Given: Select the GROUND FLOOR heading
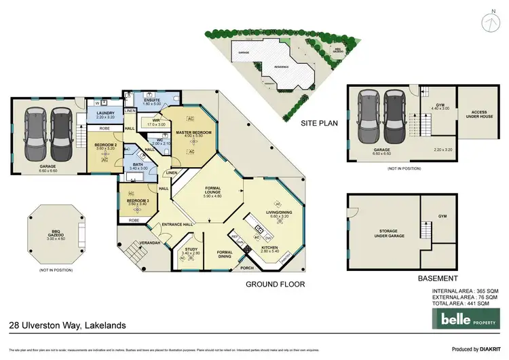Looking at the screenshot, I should tap(275, 284).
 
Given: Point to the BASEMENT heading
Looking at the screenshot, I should tap(437, 278).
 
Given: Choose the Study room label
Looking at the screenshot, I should tap(191, 251).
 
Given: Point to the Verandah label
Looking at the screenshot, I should tap(149, 242).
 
